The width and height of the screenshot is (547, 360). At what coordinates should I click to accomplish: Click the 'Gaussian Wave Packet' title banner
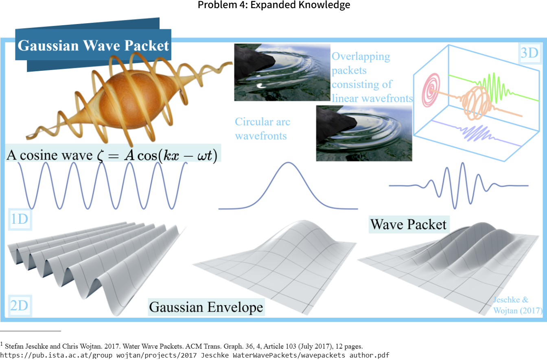coord(93,46)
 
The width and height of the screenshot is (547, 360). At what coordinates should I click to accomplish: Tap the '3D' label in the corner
coord(529,53)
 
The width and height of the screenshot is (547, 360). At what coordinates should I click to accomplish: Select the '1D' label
coord(20,219)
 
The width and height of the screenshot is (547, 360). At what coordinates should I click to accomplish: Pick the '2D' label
coord(20,305)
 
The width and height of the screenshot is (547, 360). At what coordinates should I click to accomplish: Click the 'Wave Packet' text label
coord(409,224)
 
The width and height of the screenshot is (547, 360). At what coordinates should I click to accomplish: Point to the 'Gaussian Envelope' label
coord(206,307)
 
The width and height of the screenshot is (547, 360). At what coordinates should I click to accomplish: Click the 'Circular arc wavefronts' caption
coord(263,129)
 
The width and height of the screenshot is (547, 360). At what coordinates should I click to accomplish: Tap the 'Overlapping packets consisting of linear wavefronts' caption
coord(372,77)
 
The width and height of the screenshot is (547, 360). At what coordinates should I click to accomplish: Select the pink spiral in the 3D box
coord(431,90)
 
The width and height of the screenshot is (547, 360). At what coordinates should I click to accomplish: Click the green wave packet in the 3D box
coord(493,88)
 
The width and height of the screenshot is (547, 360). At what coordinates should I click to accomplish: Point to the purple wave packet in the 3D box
coord(476,133)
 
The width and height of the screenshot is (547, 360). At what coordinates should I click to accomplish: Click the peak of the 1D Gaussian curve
coord(288,163)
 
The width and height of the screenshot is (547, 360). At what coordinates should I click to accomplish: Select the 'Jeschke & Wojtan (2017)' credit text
coord(518,305)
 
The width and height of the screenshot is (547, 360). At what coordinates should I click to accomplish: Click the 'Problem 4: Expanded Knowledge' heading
coord(274,5)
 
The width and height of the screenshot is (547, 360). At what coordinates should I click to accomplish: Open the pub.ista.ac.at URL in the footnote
coord(195,355)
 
